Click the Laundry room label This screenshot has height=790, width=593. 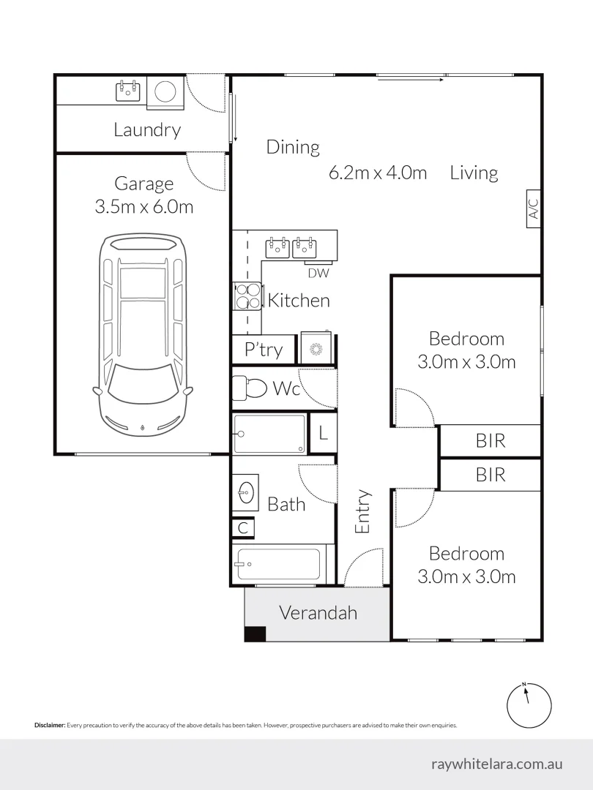pos(147,130)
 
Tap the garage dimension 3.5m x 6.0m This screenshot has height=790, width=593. pos(143,207)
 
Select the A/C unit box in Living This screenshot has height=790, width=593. pos(534,209)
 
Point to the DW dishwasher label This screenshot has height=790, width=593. pos(318,274)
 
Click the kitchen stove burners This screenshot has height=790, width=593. pos(247,296)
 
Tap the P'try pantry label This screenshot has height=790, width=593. pos(263,350)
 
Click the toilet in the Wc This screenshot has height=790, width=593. pos(250,387)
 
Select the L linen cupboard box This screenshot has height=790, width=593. pos(323,434)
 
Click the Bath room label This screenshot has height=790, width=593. pos(286,504)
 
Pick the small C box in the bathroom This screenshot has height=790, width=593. pos(242,528)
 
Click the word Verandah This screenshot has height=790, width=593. pos(318,612)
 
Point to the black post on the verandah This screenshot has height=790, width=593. pos(255,634)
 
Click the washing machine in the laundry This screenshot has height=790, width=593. pos(165,91)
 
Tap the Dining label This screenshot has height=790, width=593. pos(293,147)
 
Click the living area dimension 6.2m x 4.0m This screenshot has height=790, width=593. pos(378,173)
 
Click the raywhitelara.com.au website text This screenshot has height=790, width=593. pos(497,764)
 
